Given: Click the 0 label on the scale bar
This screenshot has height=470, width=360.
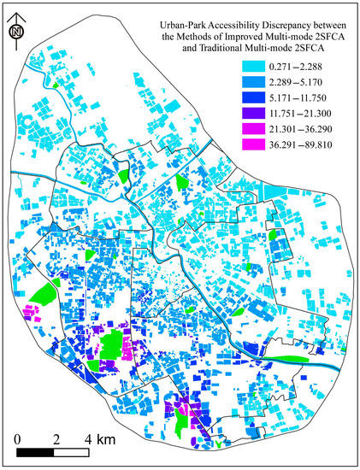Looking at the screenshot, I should click(19, 439).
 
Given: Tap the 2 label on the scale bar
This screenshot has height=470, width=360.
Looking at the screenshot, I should click(56, 439).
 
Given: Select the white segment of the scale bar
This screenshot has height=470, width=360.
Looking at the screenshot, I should click(74, 451).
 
